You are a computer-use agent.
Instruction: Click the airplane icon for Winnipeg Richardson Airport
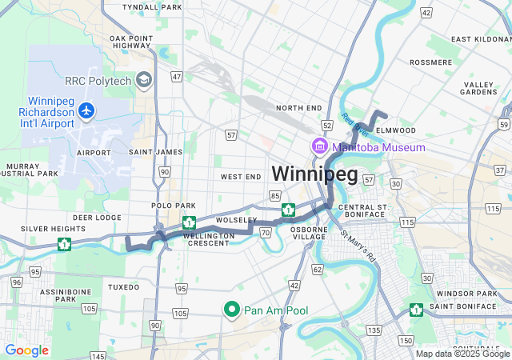point(86,114)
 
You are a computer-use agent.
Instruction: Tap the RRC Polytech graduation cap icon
point(144,79)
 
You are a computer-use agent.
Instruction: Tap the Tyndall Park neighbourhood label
point(152,6)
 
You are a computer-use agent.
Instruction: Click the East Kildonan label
point(480,38)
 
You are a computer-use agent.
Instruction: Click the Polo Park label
point(168,206)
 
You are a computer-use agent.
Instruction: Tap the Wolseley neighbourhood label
point(237,220)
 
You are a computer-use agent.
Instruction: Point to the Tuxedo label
point(123,286)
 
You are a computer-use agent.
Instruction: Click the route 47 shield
point(177,77)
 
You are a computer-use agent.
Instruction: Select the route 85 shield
point(274,195)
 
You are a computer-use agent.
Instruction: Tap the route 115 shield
point(407,222)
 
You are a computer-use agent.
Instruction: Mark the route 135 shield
point(374,330)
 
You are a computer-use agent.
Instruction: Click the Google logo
point(26,350)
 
